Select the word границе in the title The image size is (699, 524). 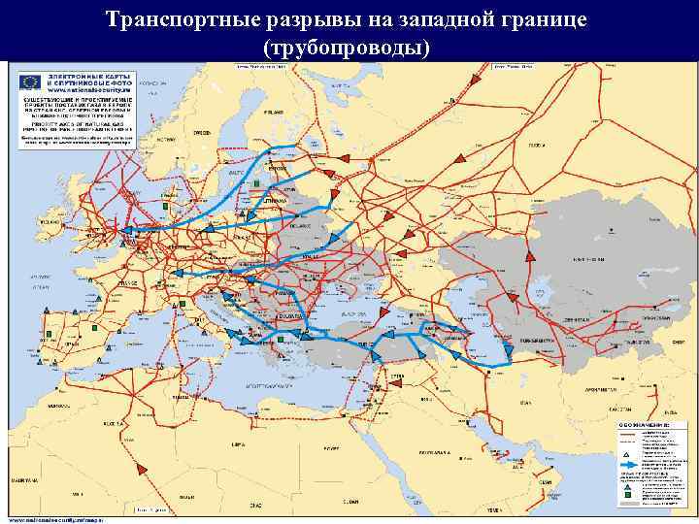click(546, 20)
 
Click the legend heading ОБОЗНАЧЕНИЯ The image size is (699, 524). click(645, 424)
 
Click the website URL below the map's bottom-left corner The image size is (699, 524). click(49, 518)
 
